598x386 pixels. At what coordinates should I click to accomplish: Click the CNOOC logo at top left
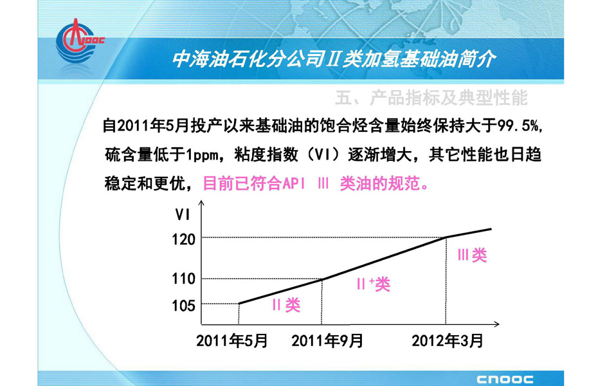point(79,41)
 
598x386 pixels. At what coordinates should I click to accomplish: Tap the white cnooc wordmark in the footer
point(505,379)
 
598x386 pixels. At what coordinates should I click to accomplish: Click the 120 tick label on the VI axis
point(183,239)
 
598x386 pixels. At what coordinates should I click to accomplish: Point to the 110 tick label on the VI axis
point(183,279)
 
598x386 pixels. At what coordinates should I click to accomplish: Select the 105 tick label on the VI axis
point(183,306)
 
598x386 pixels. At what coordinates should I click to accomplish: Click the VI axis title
point(183,215)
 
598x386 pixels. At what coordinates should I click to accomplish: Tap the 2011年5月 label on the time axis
point(232,340)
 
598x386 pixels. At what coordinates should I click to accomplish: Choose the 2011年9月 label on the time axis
point(327,340)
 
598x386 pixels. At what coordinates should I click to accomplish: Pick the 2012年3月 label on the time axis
point(448,340)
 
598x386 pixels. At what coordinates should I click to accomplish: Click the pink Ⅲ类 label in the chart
point(473,255)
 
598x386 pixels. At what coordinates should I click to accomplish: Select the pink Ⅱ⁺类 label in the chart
point(374,284)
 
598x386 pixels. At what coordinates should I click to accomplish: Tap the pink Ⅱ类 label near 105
point(286,305)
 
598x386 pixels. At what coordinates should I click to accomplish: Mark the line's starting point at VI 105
point(239,304)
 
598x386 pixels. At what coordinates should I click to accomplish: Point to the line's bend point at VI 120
point(446,237)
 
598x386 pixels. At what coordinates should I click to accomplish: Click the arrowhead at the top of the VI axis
point(201,202)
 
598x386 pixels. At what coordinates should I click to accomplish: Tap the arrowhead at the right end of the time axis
point(496,324)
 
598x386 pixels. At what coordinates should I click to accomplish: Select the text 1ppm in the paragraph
point(202,155)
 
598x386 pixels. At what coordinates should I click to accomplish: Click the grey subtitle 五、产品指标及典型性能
point(431,98)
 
